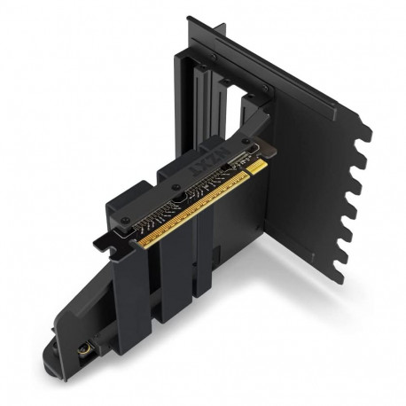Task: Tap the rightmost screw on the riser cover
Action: tap(247, 145)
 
